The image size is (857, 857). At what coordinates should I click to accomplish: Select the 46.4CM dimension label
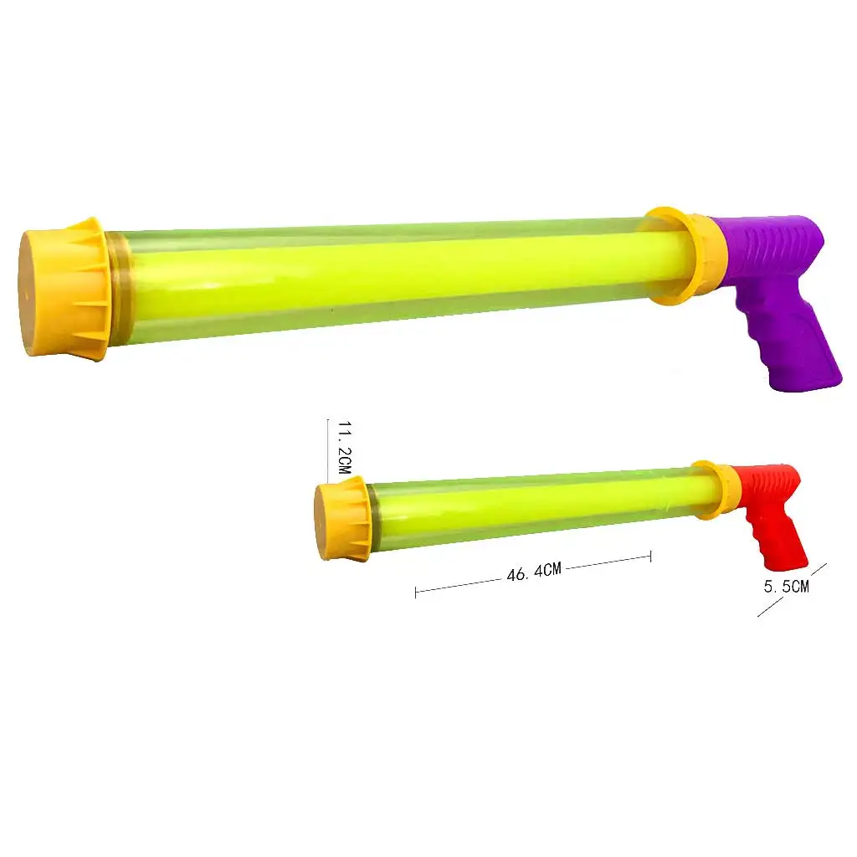532,572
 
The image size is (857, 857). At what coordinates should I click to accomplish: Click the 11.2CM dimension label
344,449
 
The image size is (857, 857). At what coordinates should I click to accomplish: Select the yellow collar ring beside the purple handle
682,255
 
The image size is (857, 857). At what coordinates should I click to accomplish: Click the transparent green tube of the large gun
377,276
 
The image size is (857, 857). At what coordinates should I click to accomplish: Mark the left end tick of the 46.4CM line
416,593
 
